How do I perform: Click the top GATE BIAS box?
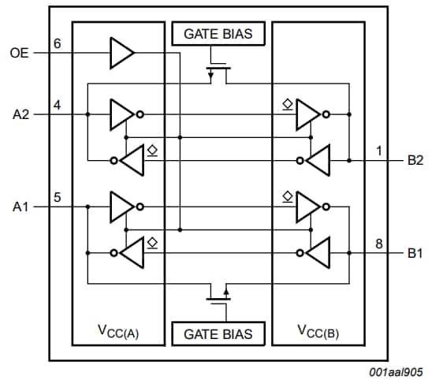pos(218,34)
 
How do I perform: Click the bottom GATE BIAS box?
pos(218,334)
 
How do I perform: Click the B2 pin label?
pos(415,160)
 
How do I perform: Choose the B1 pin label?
pos(415,253)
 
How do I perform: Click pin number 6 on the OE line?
pos(57,43)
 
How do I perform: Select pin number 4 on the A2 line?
pos(57,104)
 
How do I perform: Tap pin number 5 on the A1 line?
pos(57,197)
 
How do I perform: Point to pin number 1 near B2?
pos(379,151)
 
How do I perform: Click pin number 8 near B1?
pos(379,244)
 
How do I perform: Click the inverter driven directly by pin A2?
pos(124,114)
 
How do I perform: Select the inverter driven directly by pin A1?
pos(124,207)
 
